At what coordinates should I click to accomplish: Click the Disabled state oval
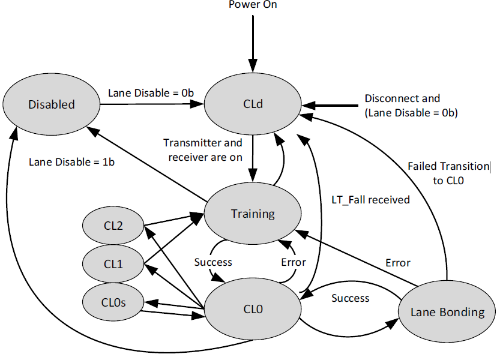pyautogui.click(x=52, y=104)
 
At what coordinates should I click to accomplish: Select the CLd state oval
pyautogui.click(x=253, y=104)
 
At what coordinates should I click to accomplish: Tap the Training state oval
pyautogui.click(x=253, y=214)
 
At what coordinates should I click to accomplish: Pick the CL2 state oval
pyautogui.click(x=112, y=226)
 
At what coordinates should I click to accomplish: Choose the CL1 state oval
pyautogui.click(x=112, y=263)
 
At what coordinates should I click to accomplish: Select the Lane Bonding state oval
pyautogui.click(x=447, y=312)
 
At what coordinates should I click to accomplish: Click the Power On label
pyautogui.click(x=253, y=5)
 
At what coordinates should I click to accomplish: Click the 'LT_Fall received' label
pyautogui.click(x=370, y=199)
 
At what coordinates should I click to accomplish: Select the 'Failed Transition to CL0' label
pyautogui.click(x=448, y=172)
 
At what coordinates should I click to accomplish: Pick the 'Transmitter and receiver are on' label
pyautogui.click(x=203, y=150)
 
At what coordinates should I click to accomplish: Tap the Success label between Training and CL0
pyautogui.click(x=213, y=262)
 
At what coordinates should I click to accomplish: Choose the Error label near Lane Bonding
pyautogui.click(x=398, y=263)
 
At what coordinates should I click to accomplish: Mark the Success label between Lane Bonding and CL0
pyautogui.click(x=351, y=298)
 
